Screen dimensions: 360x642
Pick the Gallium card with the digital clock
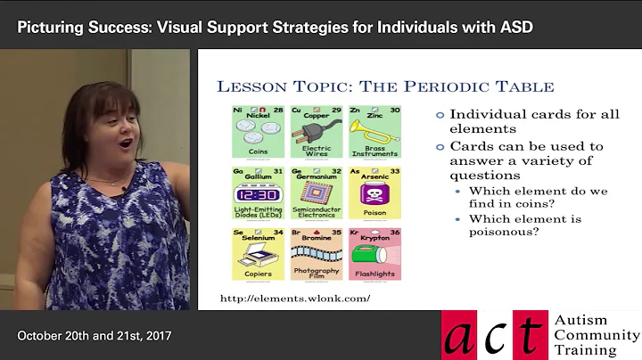tap(258, 193)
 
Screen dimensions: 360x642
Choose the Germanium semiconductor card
tap(317, 193)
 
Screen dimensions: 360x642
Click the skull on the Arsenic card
tap(374, 195)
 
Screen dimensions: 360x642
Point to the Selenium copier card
tap(258, 254)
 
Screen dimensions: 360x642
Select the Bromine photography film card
tap(317, 254)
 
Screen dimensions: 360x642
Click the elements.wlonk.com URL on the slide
tap(293, 298)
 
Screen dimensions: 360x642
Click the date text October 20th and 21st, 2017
tap(95, 336)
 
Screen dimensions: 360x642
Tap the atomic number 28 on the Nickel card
tap(278, 110)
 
